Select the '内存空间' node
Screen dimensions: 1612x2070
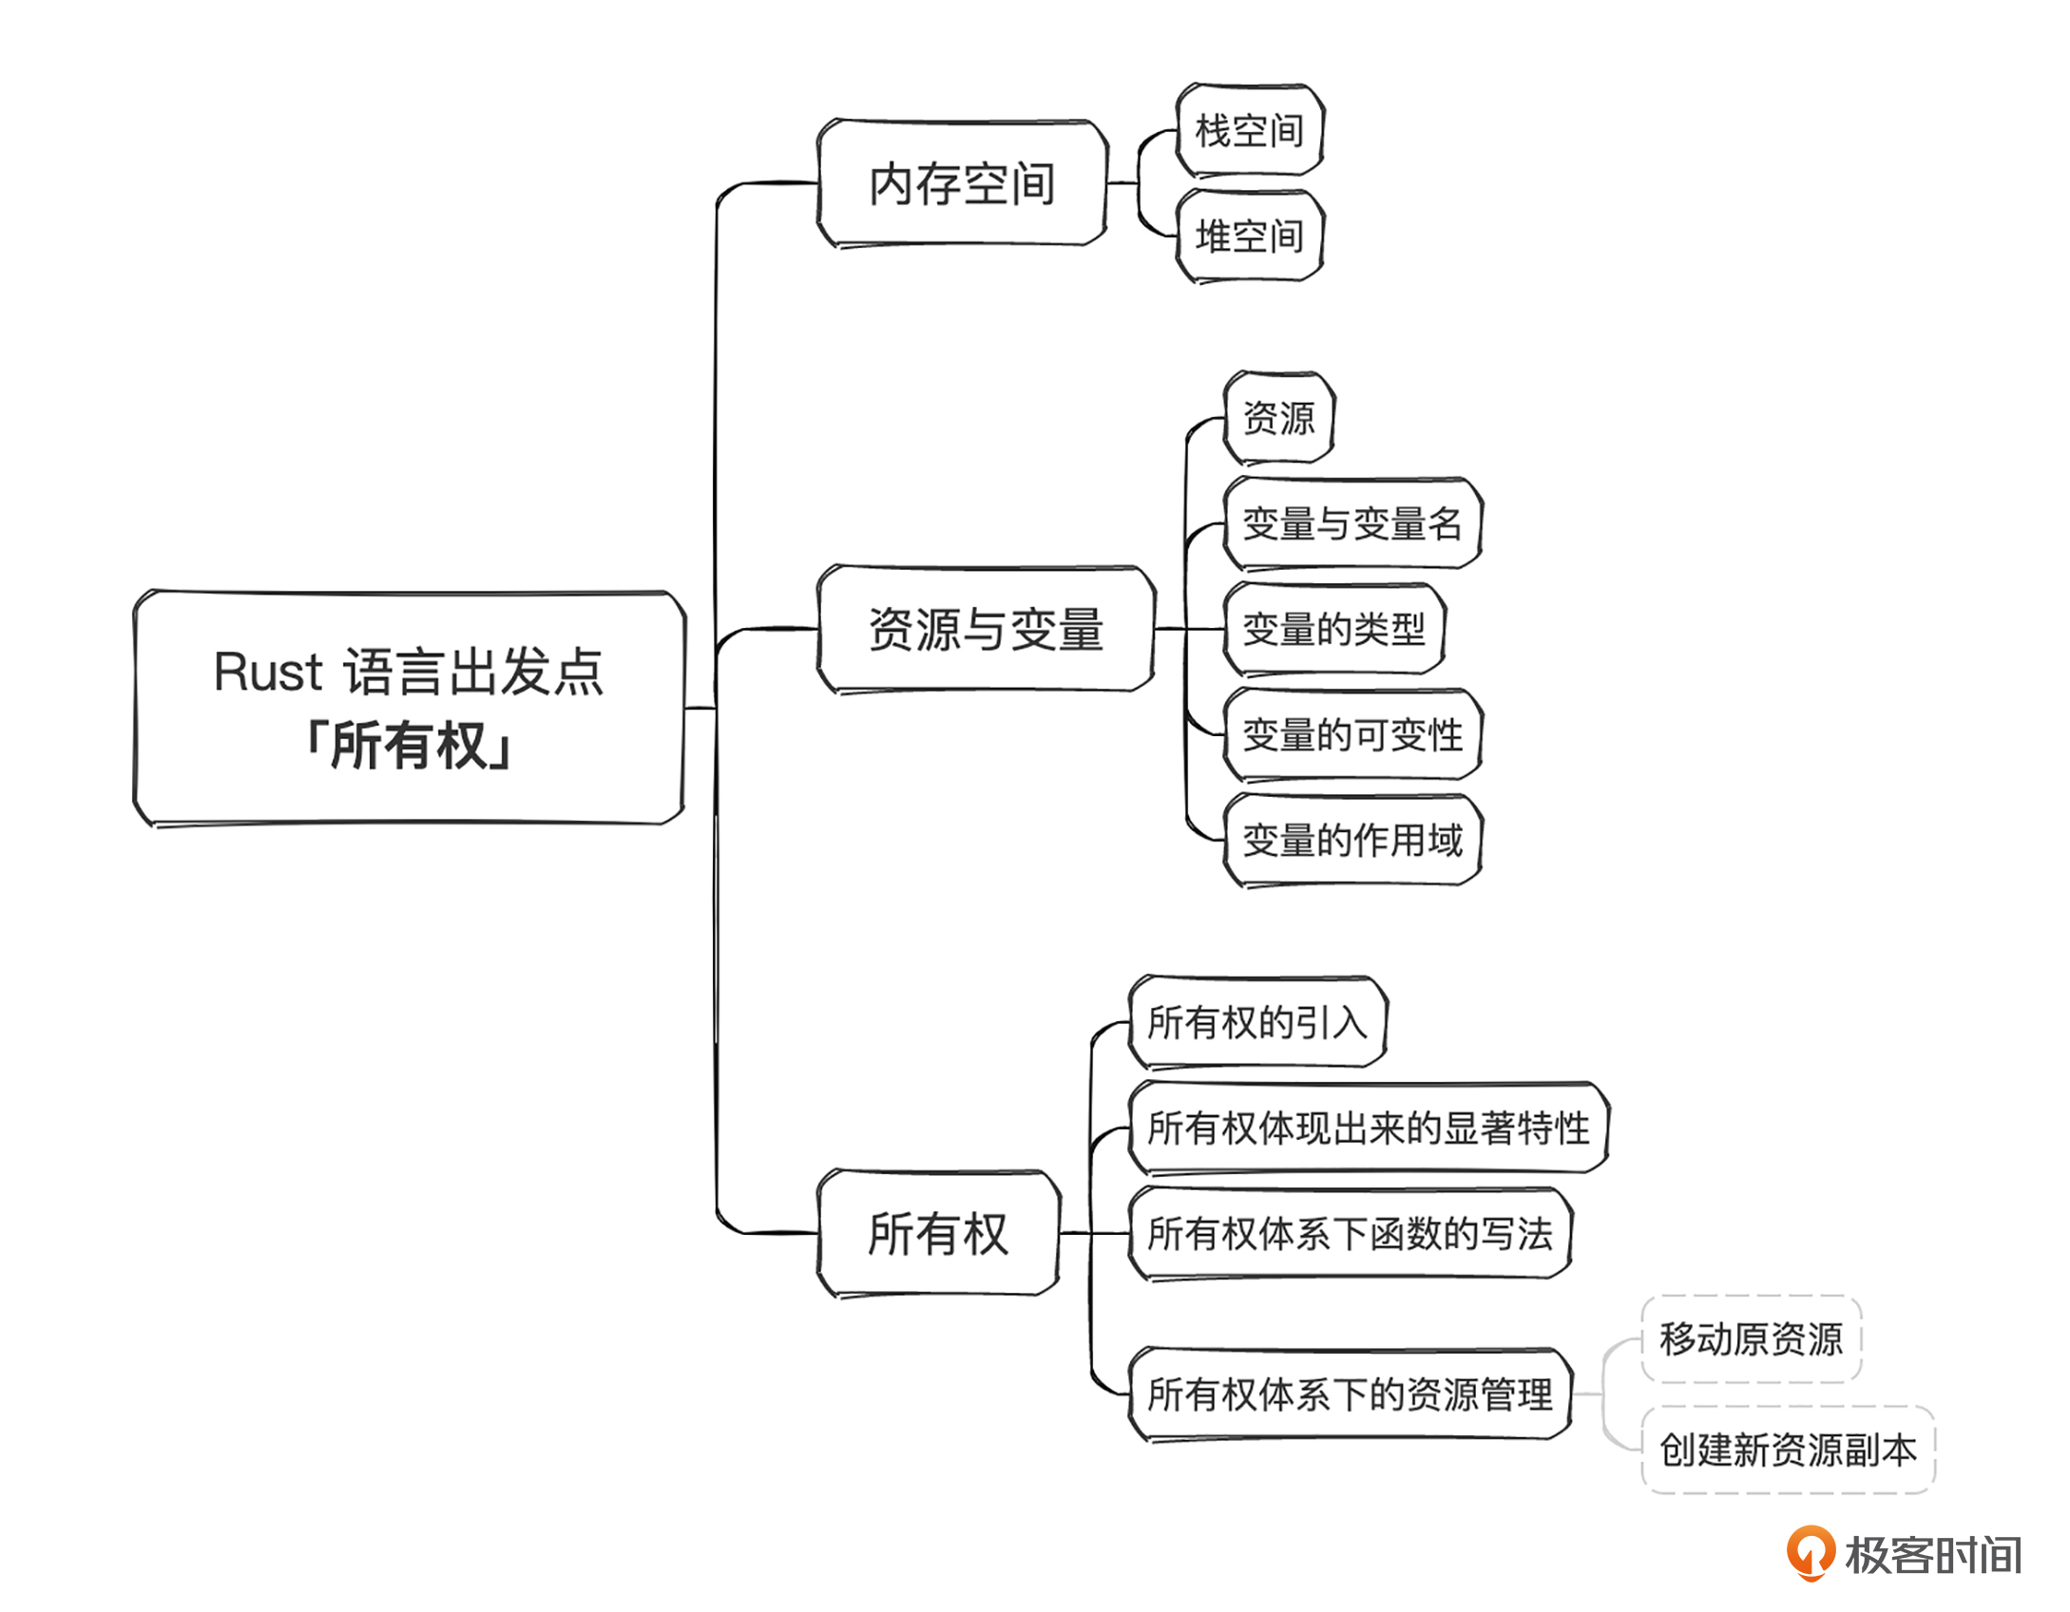(x=962, y=183)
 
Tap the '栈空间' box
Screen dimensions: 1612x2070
(x=1249, y=131)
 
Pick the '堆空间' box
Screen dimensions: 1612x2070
(x=1249, y=237)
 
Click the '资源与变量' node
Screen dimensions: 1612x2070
(x=986, y=630)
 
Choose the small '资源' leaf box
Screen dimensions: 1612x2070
(x=1278, y=418)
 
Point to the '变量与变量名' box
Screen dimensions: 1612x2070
(x=1351, y=523)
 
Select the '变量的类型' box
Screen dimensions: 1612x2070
(x=1333, y=629)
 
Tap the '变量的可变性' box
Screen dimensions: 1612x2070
(x=1351, y=734)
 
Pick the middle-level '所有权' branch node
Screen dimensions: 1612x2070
(x=938, y=1234)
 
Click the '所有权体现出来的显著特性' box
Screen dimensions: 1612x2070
(x=1368, y=1128)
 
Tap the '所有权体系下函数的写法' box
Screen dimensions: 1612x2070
(x=1350, y=1234)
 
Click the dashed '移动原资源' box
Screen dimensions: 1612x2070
(x=1751, y=1339)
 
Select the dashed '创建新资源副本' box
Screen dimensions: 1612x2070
(x=1788, y=1451)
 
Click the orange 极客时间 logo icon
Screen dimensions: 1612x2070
(x=1811, y=1553)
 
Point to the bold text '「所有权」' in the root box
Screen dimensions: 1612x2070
(x=409, y=746)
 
